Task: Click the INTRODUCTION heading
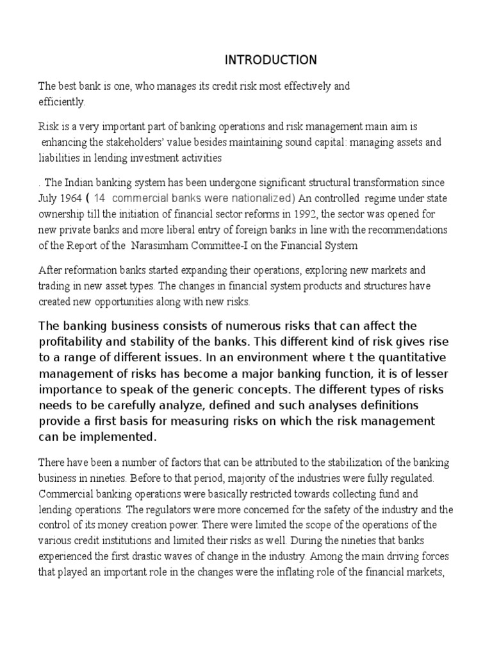(x=270, y=60)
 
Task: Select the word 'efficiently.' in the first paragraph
(x=61, y=101)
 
